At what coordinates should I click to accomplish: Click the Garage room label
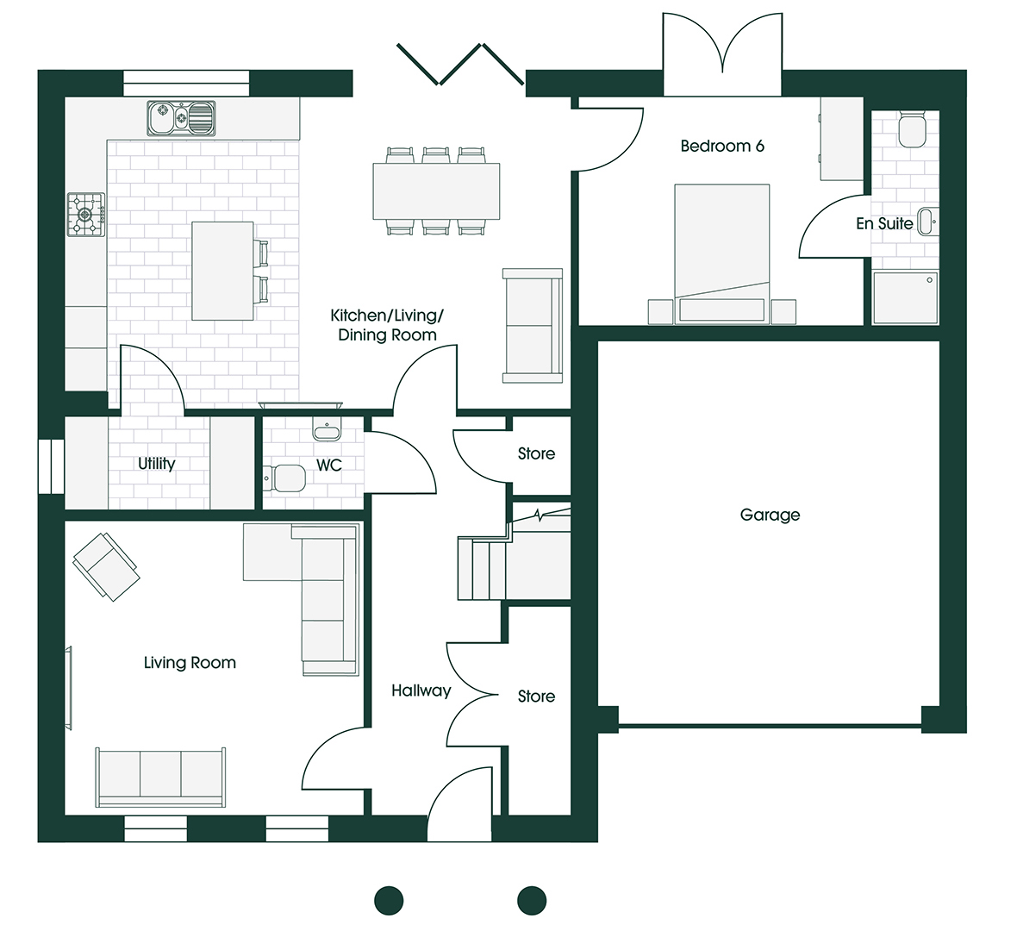(x=770, y=515)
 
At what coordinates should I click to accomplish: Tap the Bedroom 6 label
(x=722, y=146)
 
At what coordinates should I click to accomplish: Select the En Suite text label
(x=884, y=224)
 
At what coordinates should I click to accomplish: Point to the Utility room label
(x=156, y=464)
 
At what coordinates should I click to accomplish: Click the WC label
(x=329, y=465)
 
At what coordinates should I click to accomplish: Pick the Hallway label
(x=421, y=691)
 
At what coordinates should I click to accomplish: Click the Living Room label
(x=190, y=663)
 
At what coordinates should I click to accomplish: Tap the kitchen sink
(x=181, y=118)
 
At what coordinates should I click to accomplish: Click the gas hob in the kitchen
(x=86, y=214)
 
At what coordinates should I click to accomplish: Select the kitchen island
(x=222, y=272)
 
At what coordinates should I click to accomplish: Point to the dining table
(x=436, y=191)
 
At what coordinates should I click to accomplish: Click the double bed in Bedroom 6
(x=722, y=253)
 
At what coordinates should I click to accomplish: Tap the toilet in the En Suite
(x=911, y=129)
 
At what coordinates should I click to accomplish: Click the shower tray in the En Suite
(x=906, y=297)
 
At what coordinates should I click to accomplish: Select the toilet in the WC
(x=284, y=478)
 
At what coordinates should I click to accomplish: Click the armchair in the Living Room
(x=106, y=567)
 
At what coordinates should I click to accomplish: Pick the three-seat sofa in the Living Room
(x=161, y=778)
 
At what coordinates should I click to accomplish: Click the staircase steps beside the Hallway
(x=482, y=568)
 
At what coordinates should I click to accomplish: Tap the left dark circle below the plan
(x=390, y=901)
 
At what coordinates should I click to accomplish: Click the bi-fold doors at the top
(x=460, y=65)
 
